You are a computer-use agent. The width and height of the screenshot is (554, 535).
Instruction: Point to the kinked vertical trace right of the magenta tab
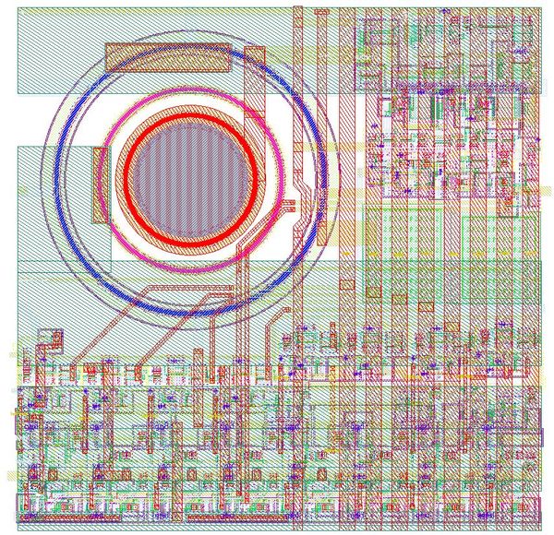coord(302,198)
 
